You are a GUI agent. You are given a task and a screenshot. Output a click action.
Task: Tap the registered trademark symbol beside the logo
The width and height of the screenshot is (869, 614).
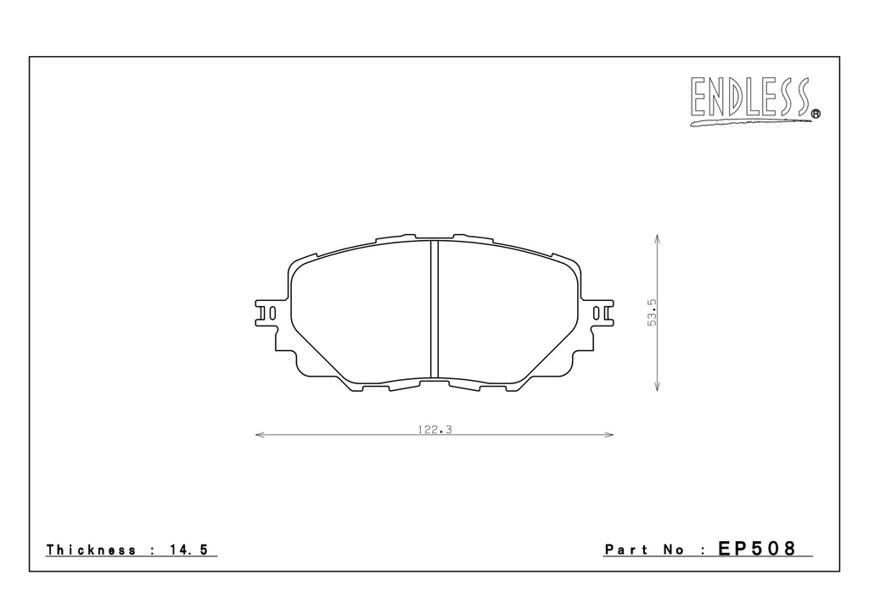816,114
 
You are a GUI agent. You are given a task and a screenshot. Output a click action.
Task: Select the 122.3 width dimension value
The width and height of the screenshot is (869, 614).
435,430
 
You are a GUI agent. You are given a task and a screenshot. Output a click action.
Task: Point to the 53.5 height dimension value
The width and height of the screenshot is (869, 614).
652,312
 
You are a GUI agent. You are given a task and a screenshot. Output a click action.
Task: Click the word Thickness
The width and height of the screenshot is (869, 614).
91,550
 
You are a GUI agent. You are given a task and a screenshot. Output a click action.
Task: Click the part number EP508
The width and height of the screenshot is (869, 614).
757,549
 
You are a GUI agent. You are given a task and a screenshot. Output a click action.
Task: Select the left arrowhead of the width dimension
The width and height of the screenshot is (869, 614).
259,434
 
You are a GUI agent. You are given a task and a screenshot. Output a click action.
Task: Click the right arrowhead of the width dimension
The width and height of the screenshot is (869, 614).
609,434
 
